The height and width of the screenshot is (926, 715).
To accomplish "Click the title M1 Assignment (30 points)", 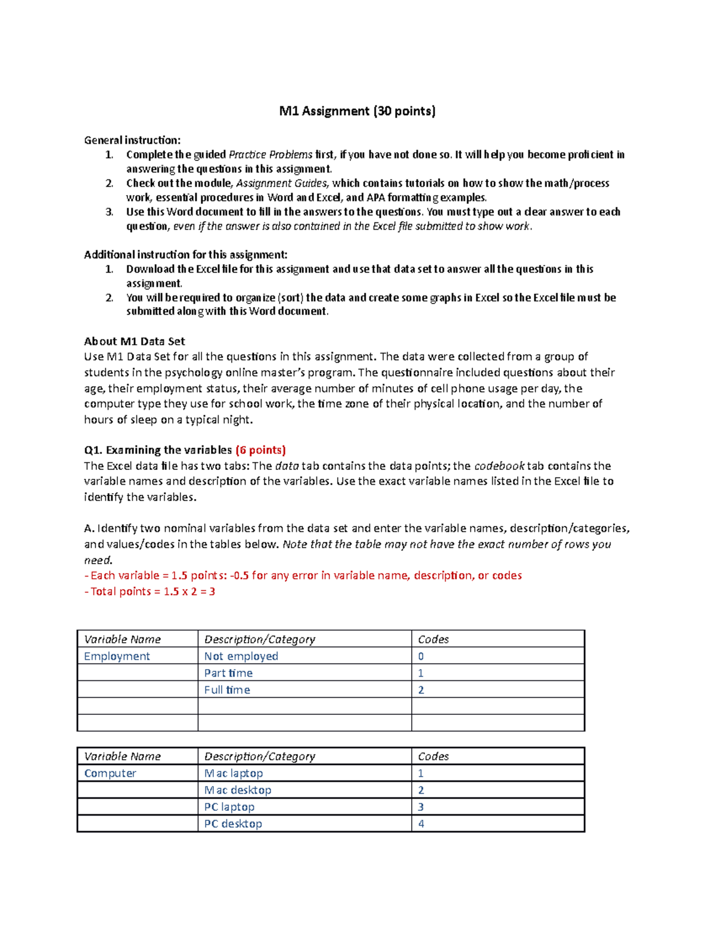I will click(357, 111).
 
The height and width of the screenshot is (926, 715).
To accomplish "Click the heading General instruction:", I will click(132, 140).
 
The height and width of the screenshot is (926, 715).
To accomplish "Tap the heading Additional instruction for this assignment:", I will click(185, 255).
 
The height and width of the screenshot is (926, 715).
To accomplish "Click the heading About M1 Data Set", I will click(135, 341).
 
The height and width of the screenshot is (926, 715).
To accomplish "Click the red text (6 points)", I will click(261, 450).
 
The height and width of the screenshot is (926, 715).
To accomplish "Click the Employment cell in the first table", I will click(117, 656).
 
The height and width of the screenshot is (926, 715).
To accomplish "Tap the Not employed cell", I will click(241, 656).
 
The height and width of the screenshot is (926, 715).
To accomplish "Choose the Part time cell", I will click(228, 673).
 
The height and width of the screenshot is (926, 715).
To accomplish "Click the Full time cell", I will click(227, 690).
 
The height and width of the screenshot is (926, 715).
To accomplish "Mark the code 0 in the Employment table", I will click(421, 656).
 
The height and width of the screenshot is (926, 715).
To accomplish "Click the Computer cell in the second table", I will click(110, 773).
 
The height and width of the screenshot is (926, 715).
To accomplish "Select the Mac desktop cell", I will click(238, 790).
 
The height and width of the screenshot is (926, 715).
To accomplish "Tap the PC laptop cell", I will click(229, 807).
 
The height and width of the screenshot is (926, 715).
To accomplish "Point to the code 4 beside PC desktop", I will click(421, 823).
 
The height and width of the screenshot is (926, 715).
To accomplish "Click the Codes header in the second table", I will click(433, 756).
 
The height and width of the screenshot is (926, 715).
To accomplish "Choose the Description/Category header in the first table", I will click(260, 639).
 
